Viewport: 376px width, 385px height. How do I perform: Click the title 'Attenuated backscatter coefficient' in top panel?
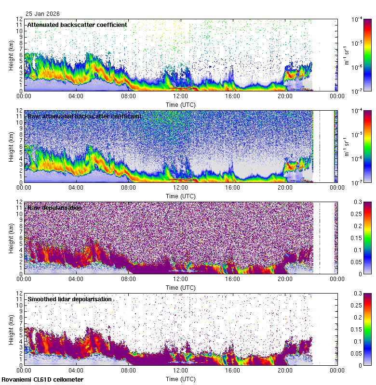(77, 25)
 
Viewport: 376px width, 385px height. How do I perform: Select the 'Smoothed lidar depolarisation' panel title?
(69, 299)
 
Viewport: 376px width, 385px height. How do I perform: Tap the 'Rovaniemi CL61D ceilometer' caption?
(42, 380)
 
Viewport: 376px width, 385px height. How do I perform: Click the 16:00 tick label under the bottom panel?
(233, 370)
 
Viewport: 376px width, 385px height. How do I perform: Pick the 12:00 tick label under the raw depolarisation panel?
(181, 279)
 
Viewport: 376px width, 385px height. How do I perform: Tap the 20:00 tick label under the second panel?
(285, 187)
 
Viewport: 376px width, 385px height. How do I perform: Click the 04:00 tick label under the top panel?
(77, 96)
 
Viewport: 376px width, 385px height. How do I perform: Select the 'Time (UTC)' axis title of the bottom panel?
(181, 379)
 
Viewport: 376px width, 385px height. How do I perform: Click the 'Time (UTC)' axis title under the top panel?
(181, 104)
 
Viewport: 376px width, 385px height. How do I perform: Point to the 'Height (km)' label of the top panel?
(11, 55)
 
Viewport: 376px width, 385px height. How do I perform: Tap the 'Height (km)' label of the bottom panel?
(11, 329)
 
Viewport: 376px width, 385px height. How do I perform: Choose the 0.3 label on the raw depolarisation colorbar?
(366, 202)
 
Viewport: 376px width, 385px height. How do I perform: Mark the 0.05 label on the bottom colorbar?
(368, 353)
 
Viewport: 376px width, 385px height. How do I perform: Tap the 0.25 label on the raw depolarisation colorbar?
(368, 214)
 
